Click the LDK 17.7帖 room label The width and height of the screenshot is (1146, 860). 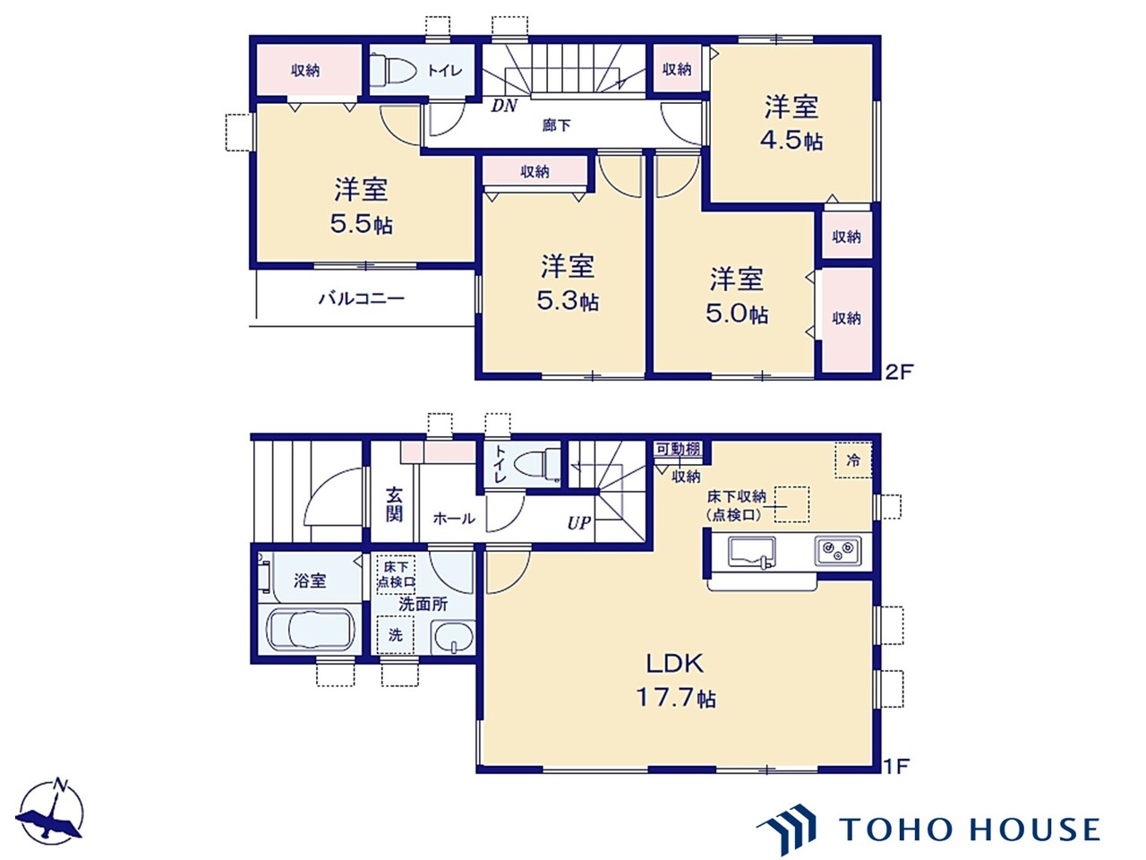[x=676, y=680]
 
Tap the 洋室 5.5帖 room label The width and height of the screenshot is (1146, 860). [x=362, y=206]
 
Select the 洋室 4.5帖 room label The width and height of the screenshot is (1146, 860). [x=791, y=123]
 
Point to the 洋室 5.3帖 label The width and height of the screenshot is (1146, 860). [x=568, y=283]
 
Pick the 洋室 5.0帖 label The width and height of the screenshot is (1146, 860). [x=737, y=296]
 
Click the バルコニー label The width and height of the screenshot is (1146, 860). [x=361, y=298]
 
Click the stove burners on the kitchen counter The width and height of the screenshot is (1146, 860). [x=837, y=549]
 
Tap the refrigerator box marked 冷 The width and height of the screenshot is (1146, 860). [x=853, y=460]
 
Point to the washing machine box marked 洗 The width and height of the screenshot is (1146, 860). [x=395, y=635]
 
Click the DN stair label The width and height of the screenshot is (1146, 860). [x=504, y=106]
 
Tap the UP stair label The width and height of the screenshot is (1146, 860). [x=578, y=522]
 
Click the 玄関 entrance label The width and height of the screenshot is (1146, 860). [x=394, y=503]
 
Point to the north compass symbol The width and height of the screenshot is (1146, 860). [x=51, y=810]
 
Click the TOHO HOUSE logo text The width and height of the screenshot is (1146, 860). [x=969, y=829]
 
